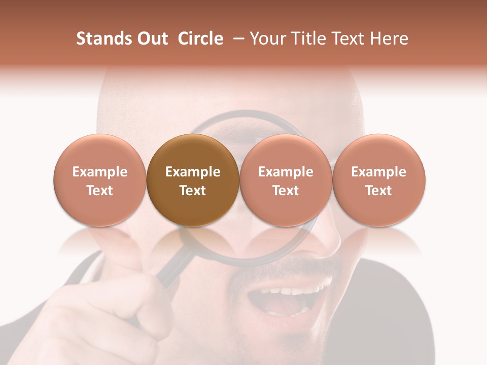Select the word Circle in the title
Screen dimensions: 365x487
(200, 39)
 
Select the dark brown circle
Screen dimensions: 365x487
(193, 180)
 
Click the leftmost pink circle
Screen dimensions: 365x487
(100, 180)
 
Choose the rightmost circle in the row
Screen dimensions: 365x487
(379, 180)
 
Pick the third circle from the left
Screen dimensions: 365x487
(286, 180)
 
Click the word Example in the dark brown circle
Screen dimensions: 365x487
(193, 172)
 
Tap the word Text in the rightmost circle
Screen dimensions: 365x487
(379, 191)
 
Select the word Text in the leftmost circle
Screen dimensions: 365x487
(100, 191)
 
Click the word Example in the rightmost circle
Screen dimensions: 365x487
(379, 172)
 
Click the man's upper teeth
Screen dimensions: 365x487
(294, 291)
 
